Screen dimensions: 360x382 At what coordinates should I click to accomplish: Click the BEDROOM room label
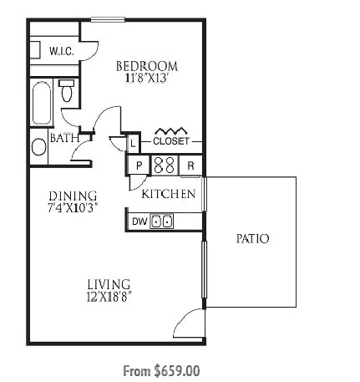click(147, 66)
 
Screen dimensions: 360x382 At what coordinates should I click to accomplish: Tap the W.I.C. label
click(62, 51)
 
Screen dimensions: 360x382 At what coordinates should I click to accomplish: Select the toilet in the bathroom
click(67, 90)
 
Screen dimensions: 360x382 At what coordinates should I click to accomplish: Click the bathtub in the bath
click(42, 102)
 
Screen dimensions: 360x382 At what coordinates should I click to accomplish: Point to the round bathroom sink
click(39, 147)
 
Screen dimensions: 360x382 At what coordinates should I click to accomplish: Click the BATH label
click(64, 138)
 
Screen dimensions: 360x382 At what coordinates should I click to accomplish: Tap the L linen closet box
click(133, 144)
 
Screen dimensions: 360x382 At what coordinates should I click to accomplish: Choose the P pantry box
click(139, 166)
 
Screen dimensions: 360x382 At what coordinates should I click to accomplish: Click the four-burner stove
click(165, 166)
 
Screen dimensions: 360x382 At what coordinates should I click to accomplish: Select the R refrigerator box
click(190, 166)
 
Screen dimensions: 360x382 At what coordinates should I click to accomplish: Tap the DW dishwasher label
click(139, 222)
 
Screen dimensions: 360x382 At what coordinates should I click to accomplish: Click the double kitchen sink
click(162, 222)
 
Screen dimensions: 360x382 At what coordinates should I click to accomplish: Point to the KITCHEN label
click(169, 194)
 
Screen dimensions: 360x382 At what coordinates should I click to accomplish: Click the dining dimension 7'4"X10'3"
click(73, 208)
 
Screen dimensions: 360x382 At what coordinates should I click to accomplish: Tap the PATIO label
click(252, 239)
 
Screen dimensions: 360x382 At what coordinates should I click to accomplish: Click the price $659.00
click(177, 371)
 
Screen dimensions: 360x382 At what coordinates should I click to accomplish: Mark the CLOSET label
click(171, 141)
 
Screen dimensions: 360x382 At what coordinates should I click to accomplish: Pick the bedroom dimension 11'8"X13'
click(147, 78)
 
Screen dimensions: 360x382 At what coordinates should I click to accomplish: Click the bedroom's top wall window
click(108, 19)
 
